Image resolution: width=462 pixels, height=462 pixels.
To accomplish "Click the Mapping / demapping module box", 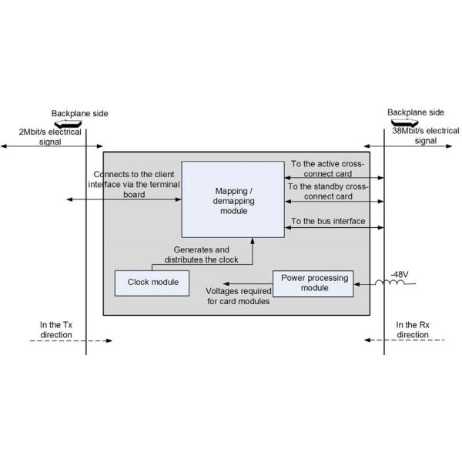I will (x=233, y=199).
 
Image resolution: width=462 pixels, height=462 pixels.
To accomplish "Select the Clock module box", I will (x=152, y=282).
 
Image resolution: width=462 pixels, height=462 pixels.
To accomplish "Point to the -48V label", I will (x=399, y=274).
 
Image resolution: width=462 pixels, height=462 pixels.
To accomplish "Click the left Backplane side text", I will (x=79, y=113).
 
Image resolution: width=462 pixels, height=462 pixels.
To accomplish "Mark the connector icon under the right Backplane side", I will (x=403, y=122).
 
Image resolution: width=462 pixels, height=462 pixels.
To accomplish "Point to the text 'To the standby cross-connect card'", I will (x=328, y=191).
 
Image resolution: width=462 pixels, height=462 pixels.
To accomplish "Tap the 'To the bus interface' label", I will (x=327, y=222).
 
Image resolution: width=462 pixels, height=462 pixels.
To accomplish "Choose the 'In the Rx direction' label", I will (x=412, y=330).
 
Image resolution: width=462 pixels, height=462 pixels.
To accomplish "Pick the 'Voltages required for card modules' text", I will (x=237, y=296).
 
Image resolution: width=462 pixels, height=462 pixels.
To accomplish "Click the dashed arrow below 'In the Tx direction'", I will (x=73, y=340).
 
